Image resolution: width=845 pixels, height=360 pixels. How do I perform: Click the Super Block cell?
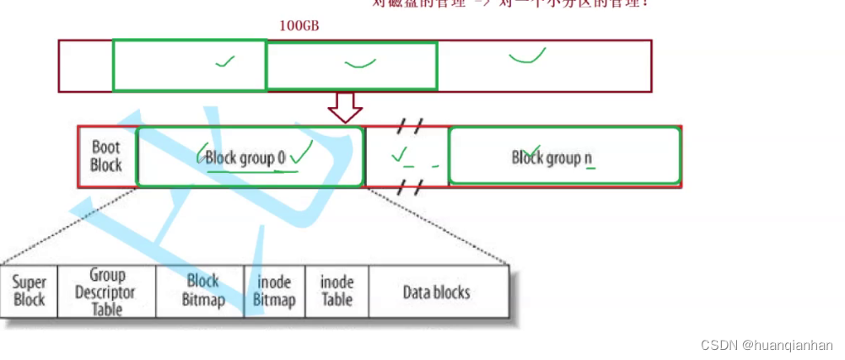point(30,292)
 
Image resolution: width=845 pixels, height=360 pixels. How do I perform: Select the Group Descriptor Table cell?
point(107,292)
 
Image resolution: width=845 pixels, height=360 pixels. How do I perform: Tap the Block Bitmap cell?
point(202,292)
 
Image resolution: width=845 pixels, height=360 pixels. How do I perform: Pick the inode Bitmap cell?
point(275,292)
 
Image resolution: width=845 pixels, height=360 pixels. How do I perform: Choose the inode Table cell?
point(336,292)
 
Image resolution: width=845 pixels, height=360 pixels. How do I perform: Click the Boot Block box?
point(106,156)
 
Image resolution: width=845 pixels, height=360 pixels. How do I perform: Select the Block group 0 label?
point(245,159)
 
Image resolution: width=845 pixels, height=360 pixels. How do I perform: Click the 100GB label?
point(299,25)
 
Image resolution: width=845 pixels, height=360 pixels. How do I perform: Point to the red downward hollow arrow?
point(344,107)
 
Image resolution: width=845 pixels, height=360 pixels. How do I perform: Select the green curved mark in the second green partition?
point(361,62)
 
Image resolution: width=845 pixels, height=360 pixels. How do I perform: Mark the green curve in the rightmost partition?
point(527,56)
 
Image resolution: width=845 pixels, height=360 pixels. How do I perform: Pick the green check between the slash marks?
point(400,154)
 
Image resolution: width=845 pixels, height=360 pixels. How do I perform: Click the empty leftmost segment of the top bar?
point(85,66)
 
